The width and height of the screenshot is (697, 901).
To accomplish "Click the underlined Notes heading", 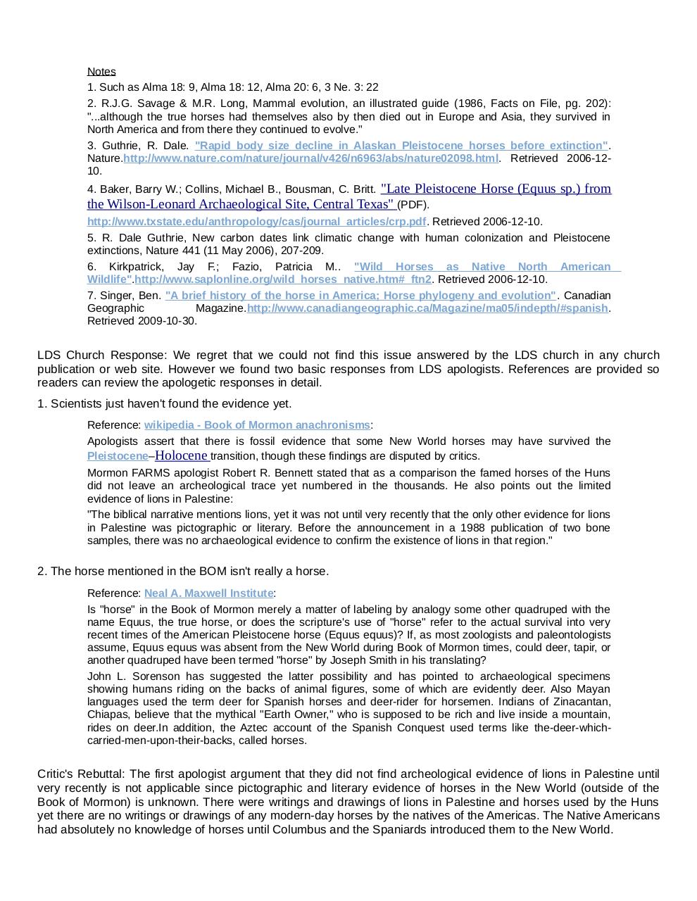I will pos(101,71).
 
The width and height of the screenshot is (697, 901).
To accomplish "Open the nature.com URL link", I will pos(311,158).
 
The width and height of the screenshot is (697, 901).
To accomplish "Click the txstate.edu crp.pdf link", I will pos(256,221).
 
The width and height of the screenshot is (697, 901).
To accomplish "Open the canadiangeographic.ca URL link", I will pos(427,308).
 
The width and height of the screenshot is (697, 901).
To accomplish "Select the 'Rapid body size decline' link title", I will pos(401,145).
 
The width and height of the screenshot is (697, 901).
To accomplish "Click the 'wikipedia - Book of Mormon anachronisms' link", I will pos(257,425).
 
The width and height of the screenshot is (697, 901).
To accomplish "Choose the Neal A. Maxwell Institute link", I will pos(208,593).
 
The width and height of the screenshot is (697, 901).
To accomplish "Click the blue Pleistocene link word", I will pos(118,456).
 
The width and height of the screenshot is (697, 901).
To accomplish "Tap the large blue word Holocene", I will pos(181,455).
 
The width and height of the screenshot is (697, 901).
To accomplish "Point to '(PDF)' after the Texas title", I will pos(413,205).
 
